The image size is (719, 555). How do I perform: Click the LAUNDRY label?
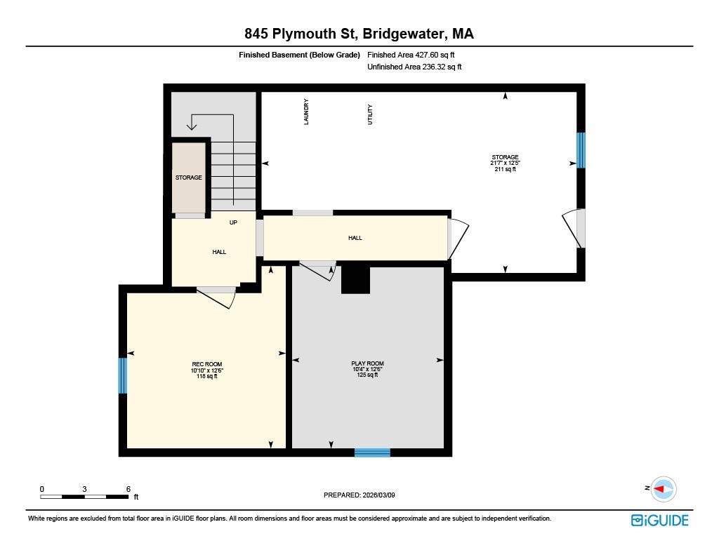coord(306,112)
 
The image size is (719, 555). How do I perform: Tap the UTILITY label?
coord(370,114)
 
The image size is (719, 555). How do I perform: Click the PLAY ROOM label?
coord(367,363)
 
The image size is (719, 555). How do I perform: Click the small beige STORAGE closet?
coord(188,178)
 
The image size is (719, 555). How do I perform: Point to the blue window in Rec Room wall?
coord(123,375)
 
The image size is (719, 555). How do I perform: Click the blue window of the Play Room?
coord(371,453)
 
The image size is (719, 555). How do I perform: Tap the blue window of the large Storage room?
coord(581,150)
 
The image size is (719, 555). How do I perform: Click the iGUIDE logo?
coord(659,520)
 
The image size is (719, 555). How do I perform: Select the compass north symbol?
coord(661,488)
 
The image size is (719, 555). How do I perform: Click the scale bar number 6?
coord(128,488)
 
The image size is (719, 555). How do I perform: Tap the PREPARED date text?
coord(364,495)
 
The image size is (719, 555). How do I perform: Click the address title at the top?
coord(359,34)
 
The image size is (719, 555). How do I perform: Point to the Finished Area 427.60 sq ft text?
coord(415,55)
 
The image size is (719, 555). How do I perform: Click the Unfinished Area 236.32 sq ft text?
coord(415,67)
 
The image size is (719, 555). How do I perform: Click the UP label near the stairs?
coord(233,222)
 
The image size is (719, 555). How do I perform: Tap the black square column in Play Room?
coord(355,280)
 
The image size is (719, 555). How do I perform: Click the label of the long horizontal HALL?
coord(355,238)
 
